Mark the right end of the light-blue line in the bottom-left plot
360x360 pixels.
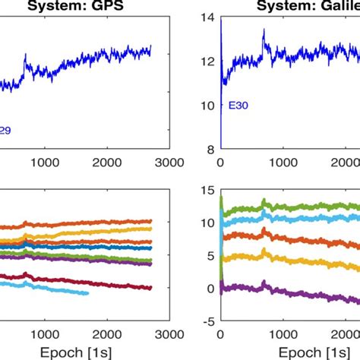pyautogui.click(x=88, y=293)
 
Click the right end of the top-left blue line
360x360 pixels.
pyautogui.click(x=151, y=47)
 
